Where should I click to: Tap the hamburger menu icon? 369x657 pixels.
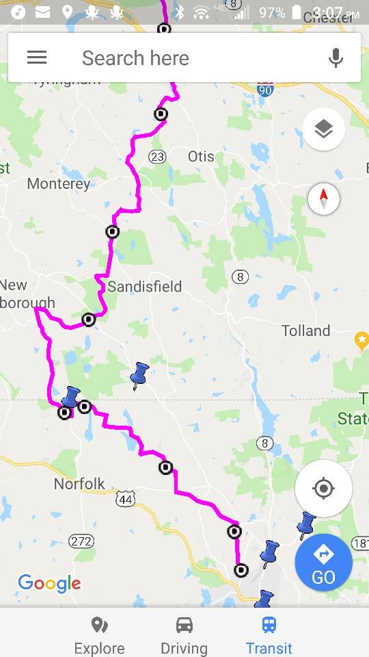tap(37, 57)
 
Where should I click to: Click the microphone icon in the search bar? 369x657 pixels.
tap(336, 58)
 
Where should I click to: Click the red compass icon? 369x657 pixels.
tap(324, 199)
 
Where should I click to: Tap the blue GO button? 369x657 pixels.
tap(323, 562)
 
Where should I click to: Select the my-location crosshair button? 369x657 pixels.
tap(323, 489)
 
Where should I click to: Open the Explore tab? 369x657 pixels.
tap(99, 636)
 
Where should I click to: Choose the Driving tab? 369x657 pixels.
tap(184, 636)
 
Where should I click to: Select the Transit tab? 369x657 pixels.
tap(269, 636)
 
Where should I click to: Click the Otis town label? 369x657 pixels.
tap(201, 157)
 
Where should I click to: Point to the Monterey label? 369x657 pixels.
tap(58, 183)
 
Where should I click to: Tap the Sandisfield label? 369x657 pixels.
tap(144, 286)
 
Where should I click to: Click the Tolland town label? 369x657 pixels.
tap(305, 331)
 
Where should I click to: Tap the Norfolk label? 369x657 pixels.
tap(79, 484)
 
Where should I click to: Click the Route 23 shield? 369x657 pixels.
tap(157, 157)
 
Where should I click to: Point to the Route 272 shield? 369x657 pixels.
tap(81, 541)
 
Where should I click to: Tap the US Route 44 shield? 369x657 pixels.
tap(125, 500)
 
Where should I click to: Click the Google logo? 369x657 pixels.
tap(49, 583)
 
